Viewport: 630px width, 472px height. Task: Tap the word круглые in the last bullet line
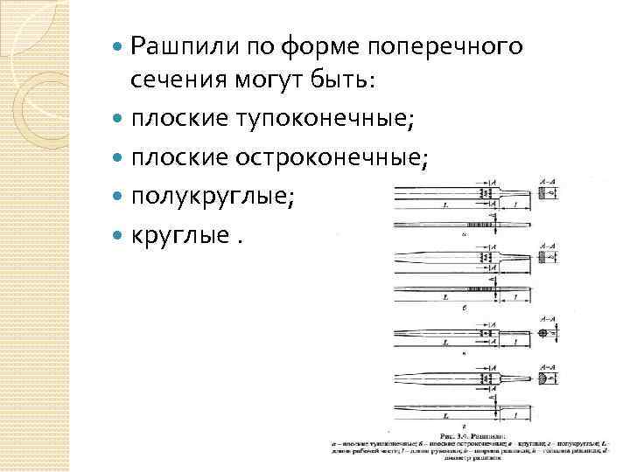click(x=178, y=234)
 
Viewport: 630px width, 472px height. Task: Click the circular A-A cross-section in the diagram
click(x=545, y=333)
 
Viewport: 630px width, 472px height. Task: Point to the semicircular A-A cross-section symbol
click(x=546, y=379)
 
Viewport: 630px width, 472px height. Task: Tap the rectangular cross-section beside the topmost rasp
click(x=548, y=193)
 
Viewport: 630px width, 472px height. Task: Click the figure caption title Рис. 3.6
click(x=464, y=434)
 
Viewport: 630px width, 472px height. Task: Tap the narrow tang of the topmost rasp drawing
click(x=518, y=191)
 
